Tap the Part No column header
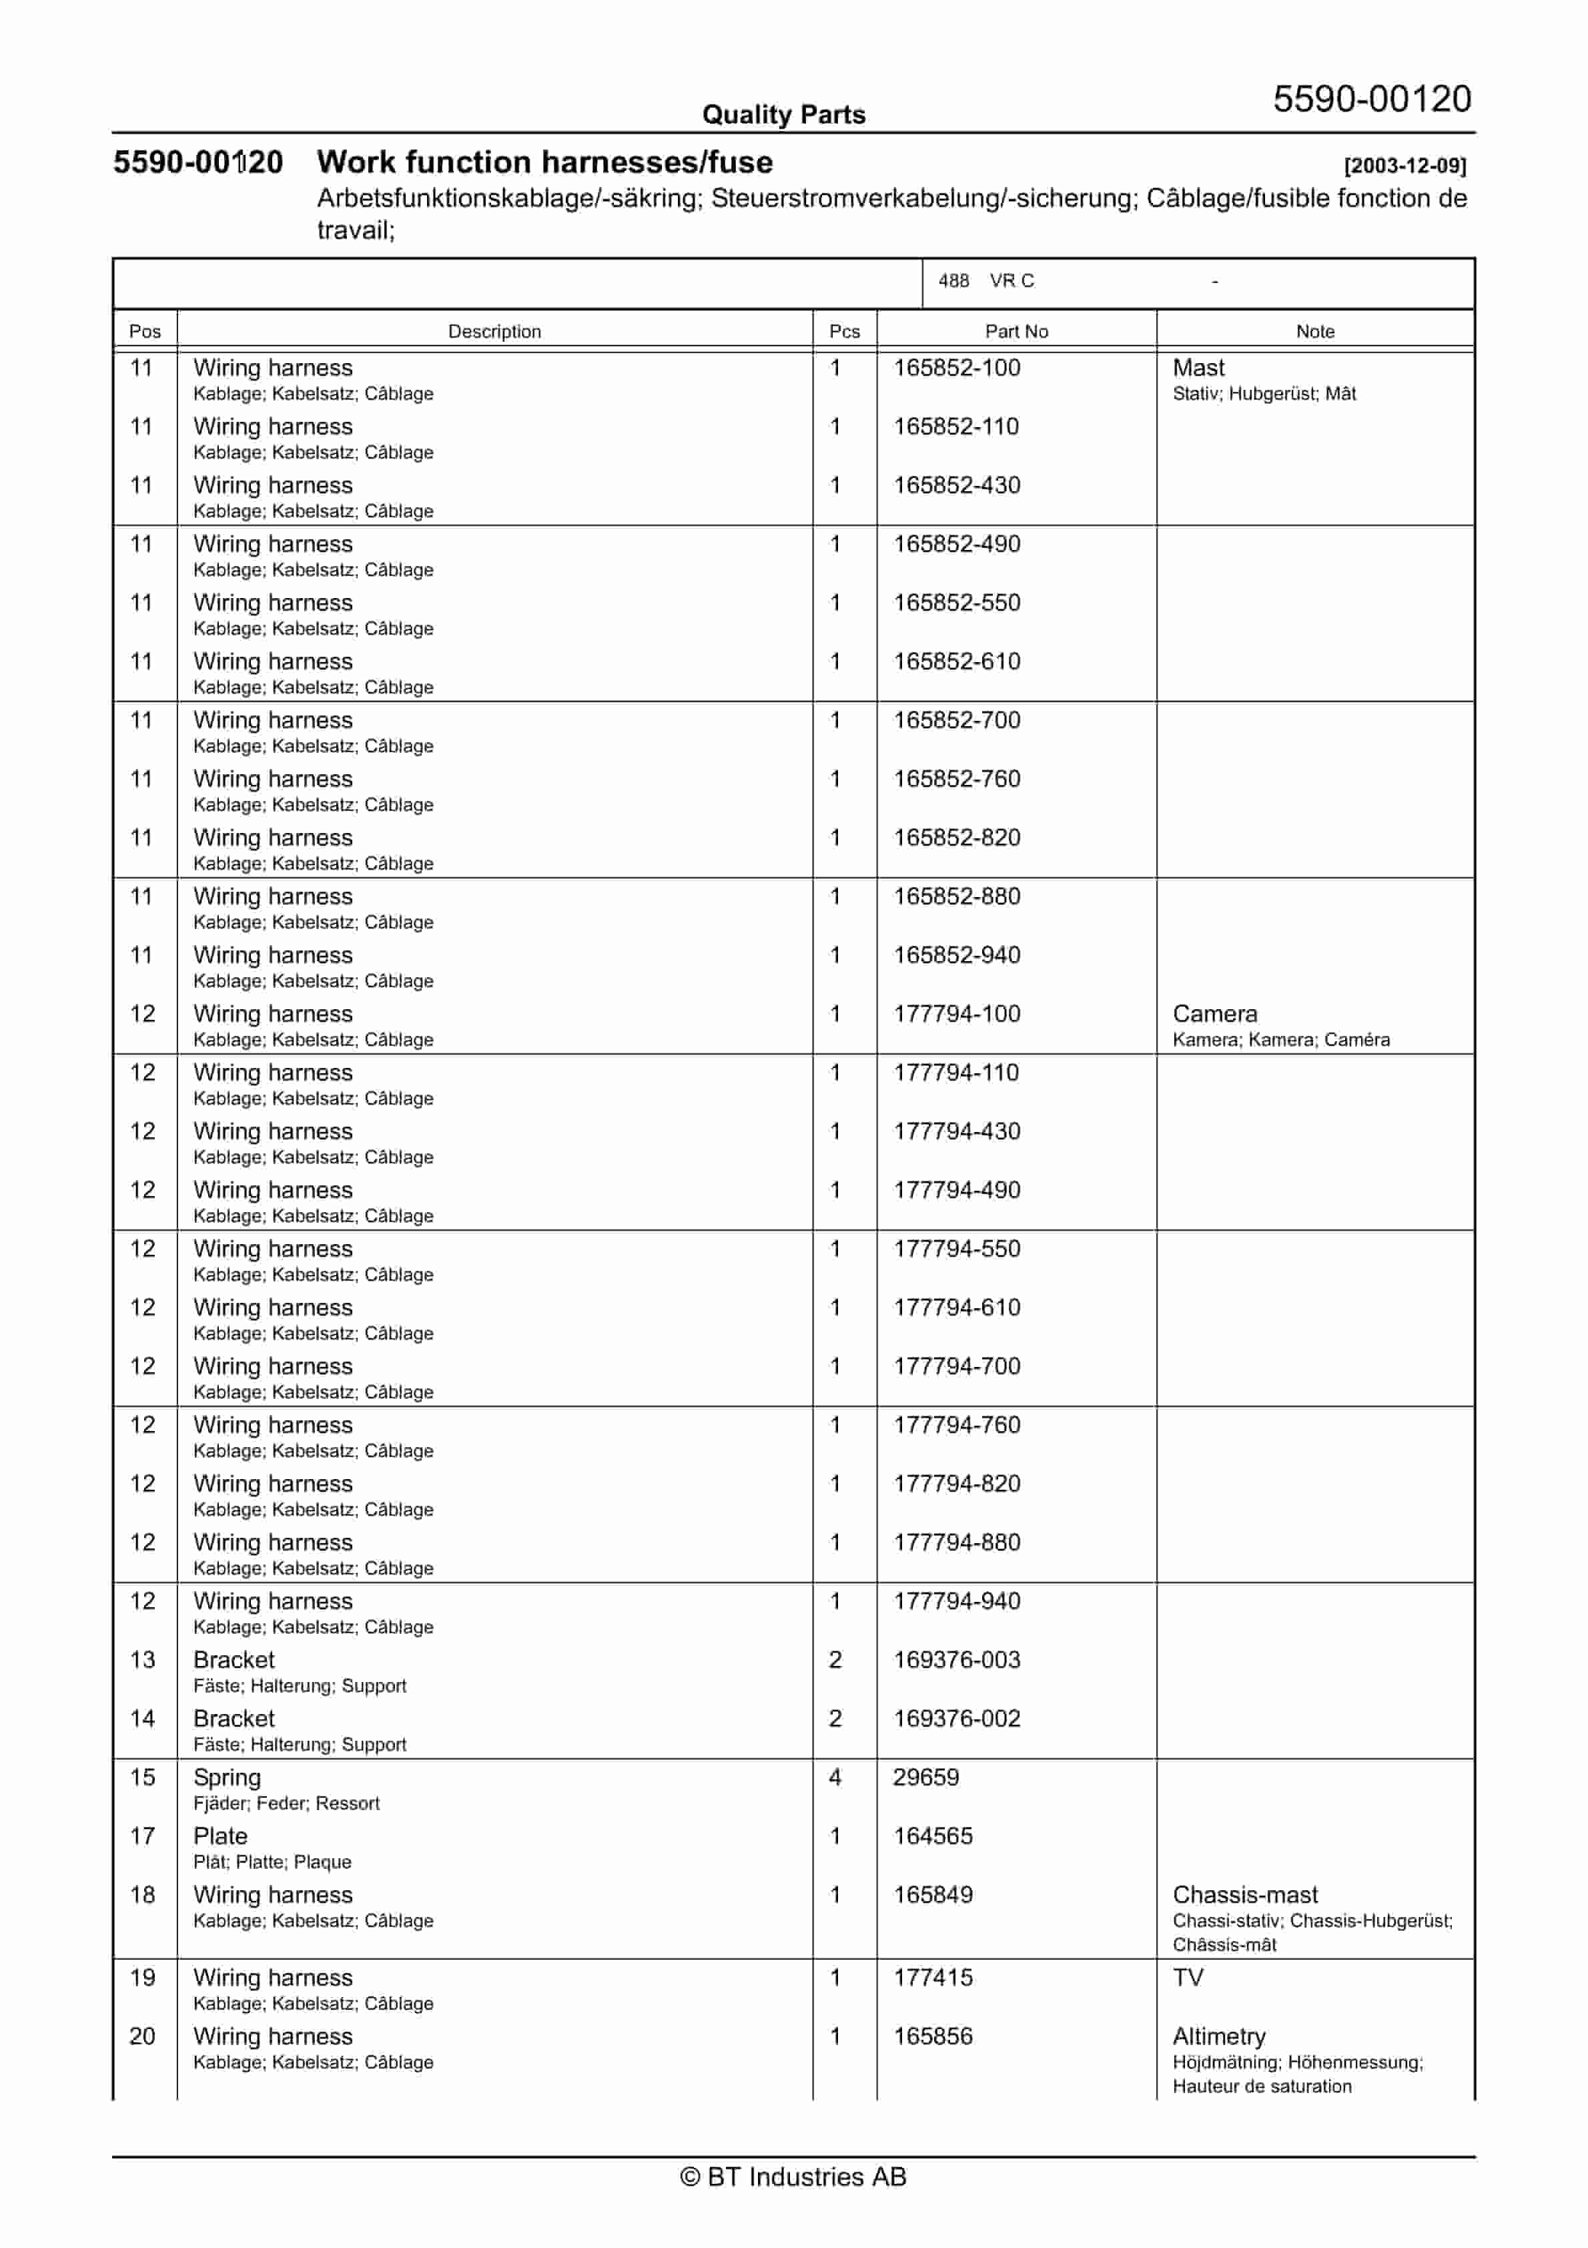(1016, 331)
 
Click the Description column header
(494, 331)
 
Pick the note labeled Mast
(1198, 368)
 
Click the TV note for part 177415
(1188, 1977)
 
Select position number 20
(142, 2036)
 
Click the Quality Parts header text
(783, 115)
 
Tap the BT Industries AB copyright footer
(793, 2177)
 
